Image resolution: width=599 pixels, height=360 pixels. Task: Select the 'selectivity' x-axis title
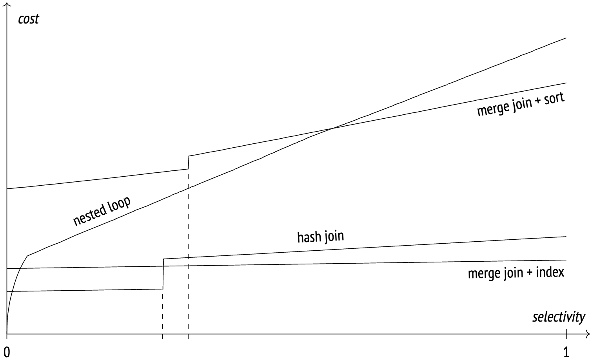click(x=558, y=317)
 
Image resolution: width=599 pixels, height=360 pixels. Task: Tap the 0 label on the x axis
click(x=7, y=352)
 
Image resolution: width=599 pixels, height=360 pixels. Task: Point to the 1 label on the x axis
click(x=566, y=352)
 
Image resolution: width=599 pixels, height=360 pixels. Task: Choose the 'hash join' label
click(x=320, y=237)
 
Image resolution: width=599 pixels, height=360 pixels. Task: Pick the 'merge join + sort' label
click(x=521, y=104)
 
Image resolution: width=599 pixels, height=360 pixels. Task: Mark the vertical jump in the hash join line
click(x=163, y=274)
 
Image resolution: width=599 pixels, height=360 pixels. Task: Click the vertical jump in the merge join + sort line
click(x=189, y=163)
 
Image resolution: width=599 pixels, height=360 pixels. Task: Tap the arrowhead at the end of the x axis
click(x=588, y=335)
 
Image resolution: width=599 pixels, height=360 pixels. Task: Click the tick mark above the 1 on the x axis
click(x=566, y=334)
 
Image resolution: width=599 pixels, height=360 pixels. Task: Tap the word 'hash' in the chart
click(x=307, y=237)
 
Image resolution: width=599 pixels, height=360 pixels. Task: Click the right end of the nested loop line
click(x=566, y=38)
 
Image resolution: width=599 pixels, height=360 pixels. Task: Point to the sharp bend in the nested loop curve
click(x=27, y=256)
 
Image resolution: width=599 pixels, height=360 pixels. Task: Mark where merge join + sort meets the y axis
click(x=7, y=189)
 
